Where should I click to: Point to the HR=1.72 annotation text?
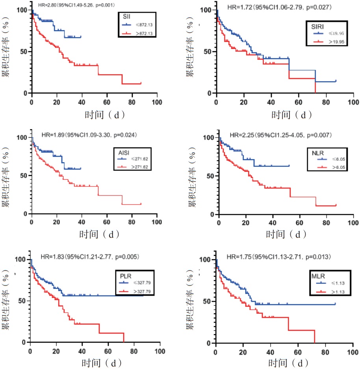point(276,7)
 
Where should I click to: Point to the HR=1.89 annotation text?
point(89,135)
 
